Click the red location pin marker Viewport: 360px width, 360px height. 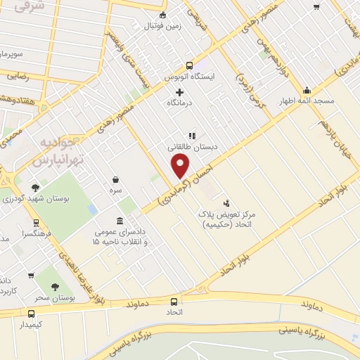click(x=181, y=165)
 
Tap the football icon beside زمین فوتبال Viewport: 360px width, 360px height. click(x=162, y=15)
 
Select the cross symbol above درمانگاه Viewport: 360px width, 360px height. click(x=179, y=92)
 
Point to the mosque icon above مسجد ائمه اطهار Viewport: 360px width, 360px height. click(x=307, y=90)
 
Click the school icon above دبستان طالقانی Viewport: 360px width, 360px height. click(x=191, y=136)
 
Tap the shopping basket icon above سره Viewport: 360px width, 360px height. click(x=115, y=179)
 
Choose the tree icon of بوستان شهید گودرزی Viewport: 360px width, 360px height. click(x=34, y=188)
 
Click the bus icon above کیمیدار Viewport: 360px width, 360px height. click(x=31, y=314)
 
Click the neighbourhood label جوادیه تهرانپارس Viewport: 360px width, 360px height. click(x=58, y=153)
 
